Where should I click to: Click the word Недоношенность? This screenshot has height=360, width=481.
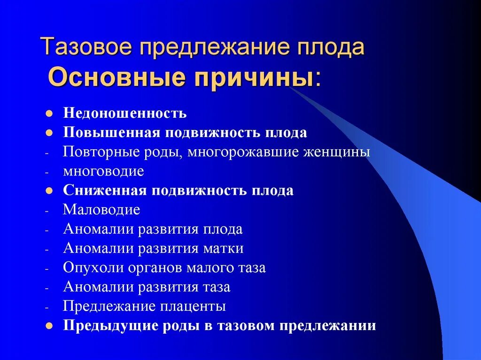pyautogui.click(x=125, y=114)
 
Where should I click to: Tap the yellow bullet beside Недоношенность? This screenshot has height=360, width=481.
pyautogui.click(x=48, y=114)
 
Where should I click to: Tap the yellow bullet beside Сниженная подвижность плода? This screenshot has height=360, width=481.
pyautogui.click(x=48, y=191)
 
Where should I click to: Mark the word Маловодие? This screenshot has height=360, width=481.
pyautogui.click(x=101, y=210)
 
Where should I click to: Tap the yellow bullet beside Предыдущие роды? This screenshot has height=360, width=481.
pyautogui.click(x=48, y=326)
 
